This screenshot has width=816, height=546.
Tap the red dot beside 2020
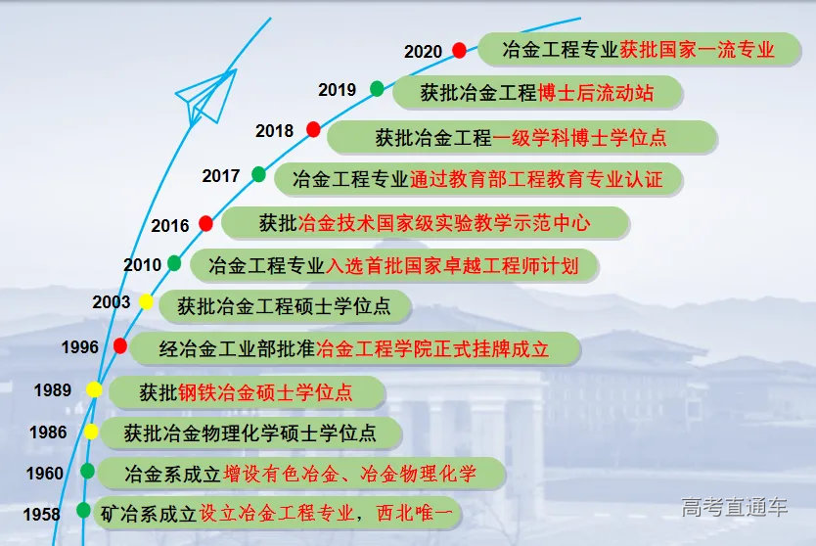(x=459, y=50)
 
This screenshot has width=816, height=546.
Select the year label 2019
(x=338, y=90)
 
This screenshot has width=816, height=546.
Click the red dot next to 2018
(x=313, y=129)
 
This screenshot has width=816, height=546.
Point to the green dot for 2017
(x=258, y=174)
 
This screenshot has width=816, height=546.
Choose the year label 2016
(x=170, y=226)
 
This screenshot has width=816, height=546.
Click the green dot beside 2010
(x=174, y=263)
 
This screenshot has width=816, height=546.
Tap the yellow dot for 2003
(x=146, y=301)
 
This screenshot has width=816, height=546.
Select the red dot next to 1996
(x=120, y=345)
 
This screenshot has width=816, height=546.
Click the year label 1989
(x=53, y=390)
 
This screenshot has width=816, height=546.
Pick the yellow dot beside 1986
(x=91, y=432)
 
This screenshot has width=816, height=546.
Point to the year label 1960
(x=45, y=474)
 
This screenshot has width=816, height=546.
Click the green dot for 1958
(x=83, y=510)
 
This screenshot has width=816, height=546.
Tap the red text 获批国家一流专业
(x=697, y=49)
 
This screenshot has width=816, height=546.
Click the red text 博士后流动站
(x=596, y=94)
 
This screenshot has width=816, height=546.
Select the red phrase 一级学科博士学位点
(x=579, y=138)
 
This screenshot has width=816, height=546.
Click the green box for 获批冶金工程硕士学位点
(x=285, y=305)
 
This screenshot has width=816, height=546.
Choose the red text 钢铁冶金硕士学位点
(x=264, y=393)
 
